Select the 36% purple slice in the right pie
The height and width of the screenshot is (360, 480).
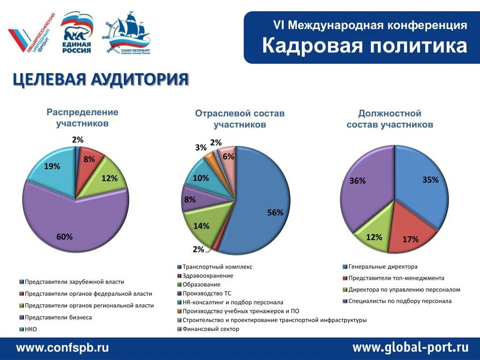click(x=366, y=187)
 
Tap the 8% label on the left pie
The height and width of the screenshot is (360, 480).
click(x=89, y=159)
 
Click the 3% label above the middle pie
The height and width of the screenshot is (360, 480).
click(x=201, y=148)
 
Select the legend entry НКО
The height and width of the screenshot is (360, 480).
click(x=30, y=329)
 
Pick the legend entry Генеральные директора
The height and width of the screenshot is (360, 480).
click(x=382, y=267)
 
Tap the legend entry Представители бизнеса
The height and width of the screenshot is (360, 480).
click(x=58, y=317)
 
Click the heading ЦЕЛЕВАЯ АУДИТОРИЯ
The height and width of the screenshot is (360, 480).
click(x=100, y=80)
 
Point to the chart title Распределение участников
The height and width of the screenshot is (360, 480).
click(x=82, y=118)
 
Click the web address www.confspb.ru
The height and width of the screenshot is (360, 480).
click(x=63, y=348)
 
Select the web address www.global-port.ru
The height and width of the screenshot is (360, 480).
click(x=410, y=348)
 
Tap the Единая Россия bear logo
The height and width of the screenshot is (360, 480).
click(x=77, y=32)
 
